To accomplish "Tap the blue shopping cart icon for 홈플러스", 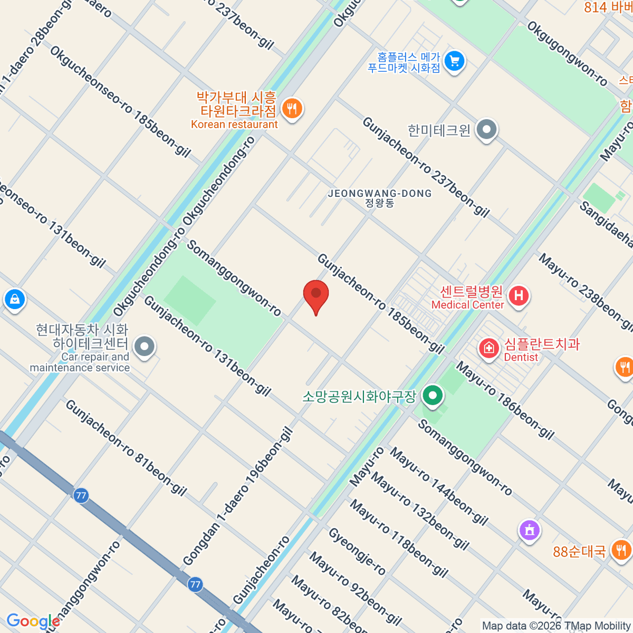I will tap(454, 61).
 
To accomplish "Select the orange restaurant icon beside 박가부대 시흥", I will tap(291, 109).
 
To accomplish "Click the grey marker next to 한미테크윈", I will tap(486, 129).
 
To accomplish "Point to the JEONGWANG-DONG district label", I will tap(380, 194).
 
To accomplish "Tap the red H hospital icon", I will tap(519, 295).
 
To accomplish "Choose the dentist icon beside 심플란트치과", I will tap(489, 349).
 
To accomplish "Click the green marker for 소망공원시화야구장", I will tap(433, 396).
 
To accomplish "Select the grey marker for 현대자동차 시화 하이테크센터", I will tap(144, 347).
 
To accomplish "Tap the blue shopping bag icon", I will tap(15, 299).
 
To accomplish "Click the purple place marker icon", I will tap(530, 529).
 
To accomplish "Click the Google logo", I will tap(33, 621).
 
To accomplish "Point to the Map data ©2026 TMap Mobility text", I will tap(556, 626).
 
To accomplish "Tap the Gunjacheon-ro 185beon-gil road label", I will tap(380, 303).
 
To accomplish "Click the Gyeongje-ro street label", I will tap(357, 551).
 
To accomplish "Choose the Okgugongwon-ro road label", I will tap(567, 53).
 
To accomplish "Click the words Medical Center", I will tap(468, 305).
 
